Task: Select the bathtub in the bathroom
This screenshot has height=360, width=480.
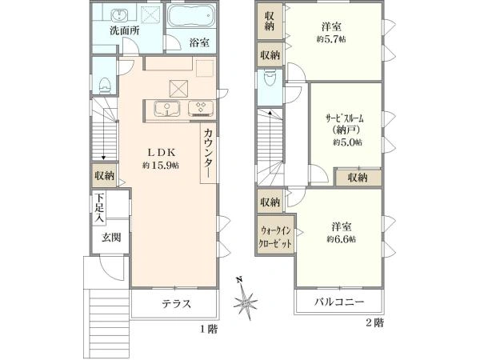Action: [191, 15]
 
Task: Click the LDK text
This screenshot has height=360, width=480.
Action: [160, 152]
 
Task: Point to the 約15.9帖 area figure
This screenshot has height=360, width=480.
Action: [160, 166]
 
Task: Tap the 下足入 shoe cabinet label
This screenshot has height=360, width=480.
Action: [99, 207]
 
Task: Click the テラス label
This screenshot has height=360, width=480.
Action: [176, 303]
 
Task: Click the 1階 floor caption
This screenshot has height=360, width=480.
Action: [209, 328]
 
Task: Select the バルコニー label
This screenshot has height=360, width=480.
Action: [339, 303]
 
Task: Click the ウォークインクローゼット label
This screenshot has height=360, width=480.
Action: [274, 234]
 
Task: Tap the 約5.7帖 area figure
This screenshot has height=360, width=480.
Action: [330, 38]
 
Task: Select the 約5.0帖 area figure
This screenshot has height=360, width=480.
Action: [346, 142]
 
